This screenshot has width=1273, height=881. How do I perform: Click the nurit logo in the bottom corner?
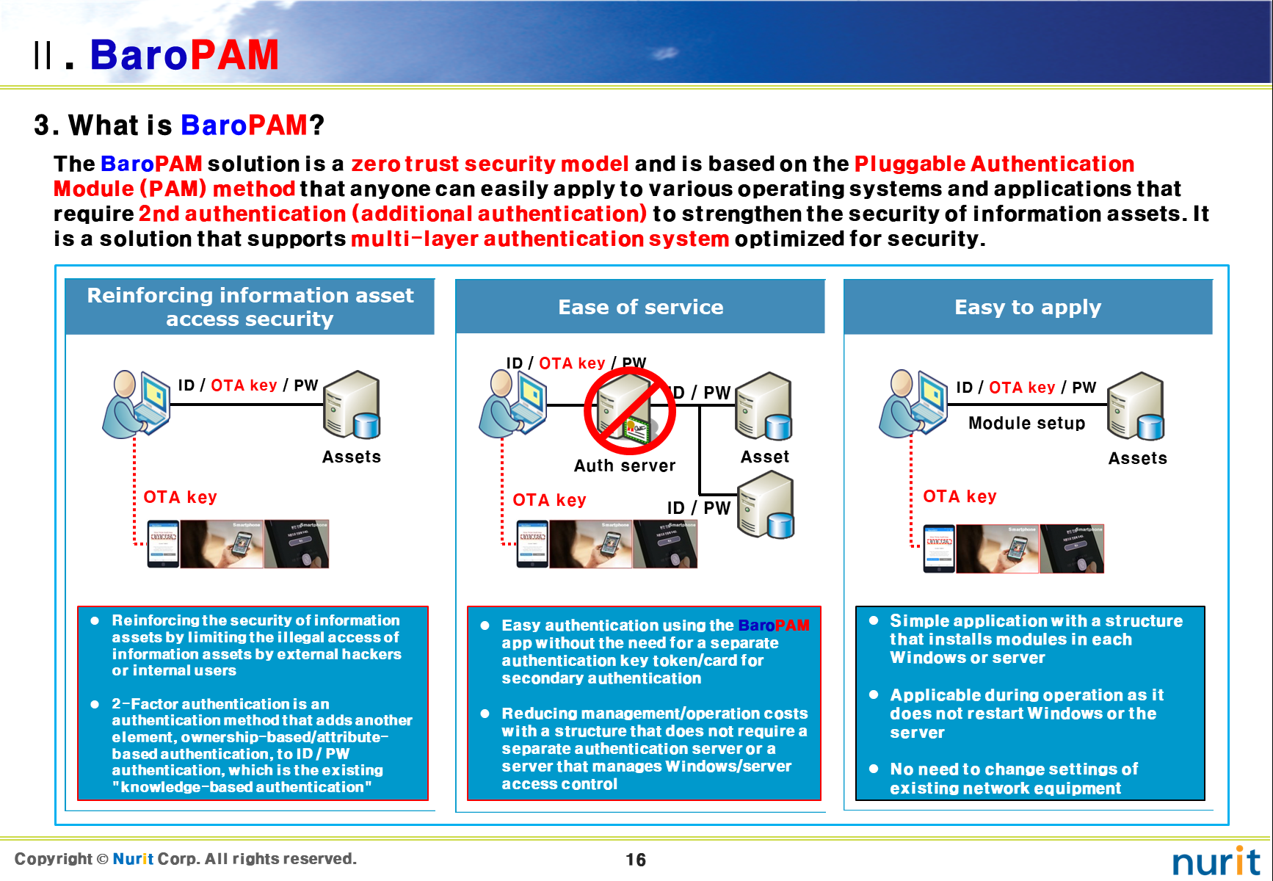pos(1215,861)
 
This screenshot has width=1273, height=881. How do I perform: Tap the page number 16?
pos(636,860)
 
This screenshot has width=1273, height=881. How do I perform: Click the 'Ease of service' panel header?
pos(640,307)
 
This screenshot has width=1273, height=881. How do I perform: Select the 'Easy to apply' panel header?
pos(1027,307)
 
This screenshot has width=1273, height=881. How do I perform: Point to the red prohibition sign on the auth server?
pos(629,411)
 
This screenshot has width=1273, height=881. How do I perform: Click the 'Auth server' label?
pos(625,465)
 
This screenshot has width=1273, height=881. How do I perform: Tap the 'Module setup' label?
pos(1026,423)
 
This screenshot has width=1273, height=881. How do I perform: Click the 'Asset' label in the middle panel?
pos(765,457)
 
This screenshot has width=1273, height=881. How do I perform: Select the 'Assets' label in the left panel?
pos(352,457)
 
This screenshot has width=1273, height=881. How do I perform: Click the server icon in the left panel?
pos(352,405)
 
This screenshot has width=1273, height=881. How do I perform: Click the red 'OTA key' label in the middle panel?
pos(549,500)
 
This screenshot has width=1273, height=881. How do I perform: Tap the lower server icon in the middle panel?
pos(766,505)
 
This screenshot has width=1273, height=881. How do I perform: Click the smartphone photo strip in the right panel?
pos(1013,548)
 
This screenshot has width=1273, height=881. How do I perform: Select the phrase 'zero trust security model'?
pos(490,164)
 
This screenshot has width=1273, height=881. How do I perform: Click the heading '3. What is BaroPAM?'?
pos(179,125)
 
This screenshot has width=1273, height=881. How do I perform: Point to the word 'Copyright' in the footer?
pos(54,858)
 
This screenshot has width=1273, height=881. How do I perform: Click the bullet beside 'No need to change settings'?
pos(874,769)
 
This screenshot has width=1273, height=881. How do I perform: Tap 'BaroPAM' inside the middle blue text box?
pos(773,626)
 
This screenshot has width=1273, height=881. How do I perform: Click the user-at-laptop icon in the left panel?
pos(137,404)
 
